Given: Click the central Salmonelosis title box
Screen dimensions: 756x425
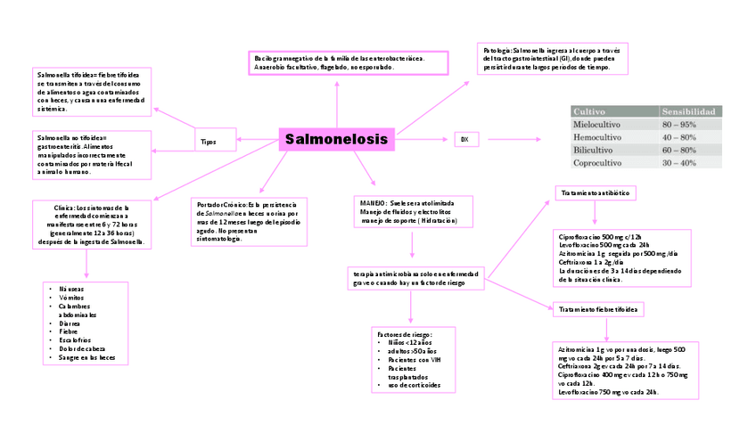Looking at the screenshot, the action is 336,140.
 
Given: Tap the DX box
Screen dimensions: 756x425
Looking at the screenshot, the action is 464,140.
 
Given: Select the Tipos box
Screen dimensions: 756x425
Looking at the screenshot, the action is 208,142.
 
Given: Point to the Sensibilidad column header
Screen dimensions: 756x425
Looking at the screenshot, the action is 687,111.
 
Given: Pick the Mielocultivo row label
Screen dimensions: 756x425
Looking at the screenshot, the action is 601,125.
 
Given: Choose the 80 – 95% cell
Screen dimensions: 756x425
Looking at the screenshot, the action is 679,125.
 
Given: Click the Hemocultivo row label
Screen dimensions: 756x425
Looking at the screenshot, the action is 599,138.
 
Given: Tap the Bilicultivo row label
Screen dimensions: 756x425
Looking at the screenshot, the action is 594,151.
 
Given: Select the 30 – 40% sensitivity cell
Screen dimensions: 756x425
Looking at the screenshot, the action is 679,164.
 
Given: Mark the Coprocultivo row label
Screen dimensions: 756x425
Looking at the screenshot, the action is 603,164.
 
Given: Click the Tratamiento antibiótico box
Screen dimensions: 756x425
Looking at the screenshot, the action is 595,192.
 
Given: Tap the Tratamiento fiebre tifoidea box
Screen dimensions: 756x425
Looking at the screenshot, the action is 597,309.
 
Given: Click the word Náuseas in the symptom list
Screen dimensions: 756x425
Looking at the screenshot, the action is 71,290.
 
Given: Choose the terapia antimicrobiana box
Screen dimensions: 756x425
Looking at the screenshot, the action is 415,278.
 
